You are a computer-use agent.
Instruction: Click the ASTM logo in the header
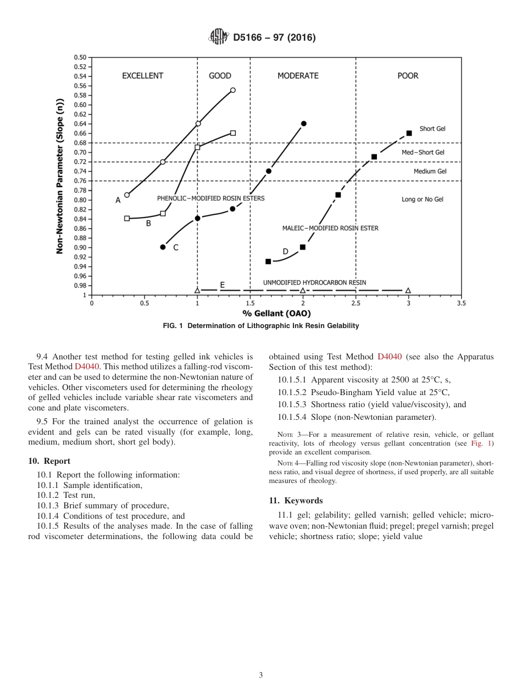pos(218,37)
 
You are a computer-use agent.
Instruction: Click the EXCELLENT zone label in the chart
pos(143,76)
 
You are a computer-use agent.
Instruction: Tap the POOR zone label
pos(408,76)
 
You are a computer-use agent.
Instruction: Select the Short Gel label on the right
pos(432,129)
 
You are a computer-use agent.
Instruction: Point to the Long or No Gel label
pos(423,199)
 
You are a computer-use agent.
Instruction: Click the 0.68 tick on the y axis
pos(80,143)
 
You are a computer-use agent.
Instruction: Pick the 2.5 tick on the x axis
pos(356,303)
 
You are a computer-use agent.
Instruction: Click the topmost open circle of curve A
pos(233,90)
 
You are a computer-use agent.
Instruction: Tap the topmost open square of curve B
pos(233,133)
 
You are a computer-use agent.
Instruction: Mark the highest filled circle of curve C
pos(303,124)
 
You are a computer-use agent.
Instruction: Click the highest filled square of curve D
pos(409,133)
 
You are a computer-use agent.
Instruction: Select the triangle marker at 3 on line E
pos(408,290)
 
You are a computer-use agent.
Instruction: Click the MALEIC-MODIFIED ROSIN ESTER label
pos(330,228)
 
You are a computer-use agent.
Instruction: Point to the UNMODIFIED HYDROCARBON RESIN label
pos(314,282)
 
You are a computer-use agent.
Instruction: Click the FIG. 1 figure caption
pos(261,326)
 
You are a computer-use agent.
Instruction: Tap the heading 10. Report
pos(49,461)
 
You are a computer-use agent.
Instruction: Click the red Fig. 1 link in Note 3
pos(484,443)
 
